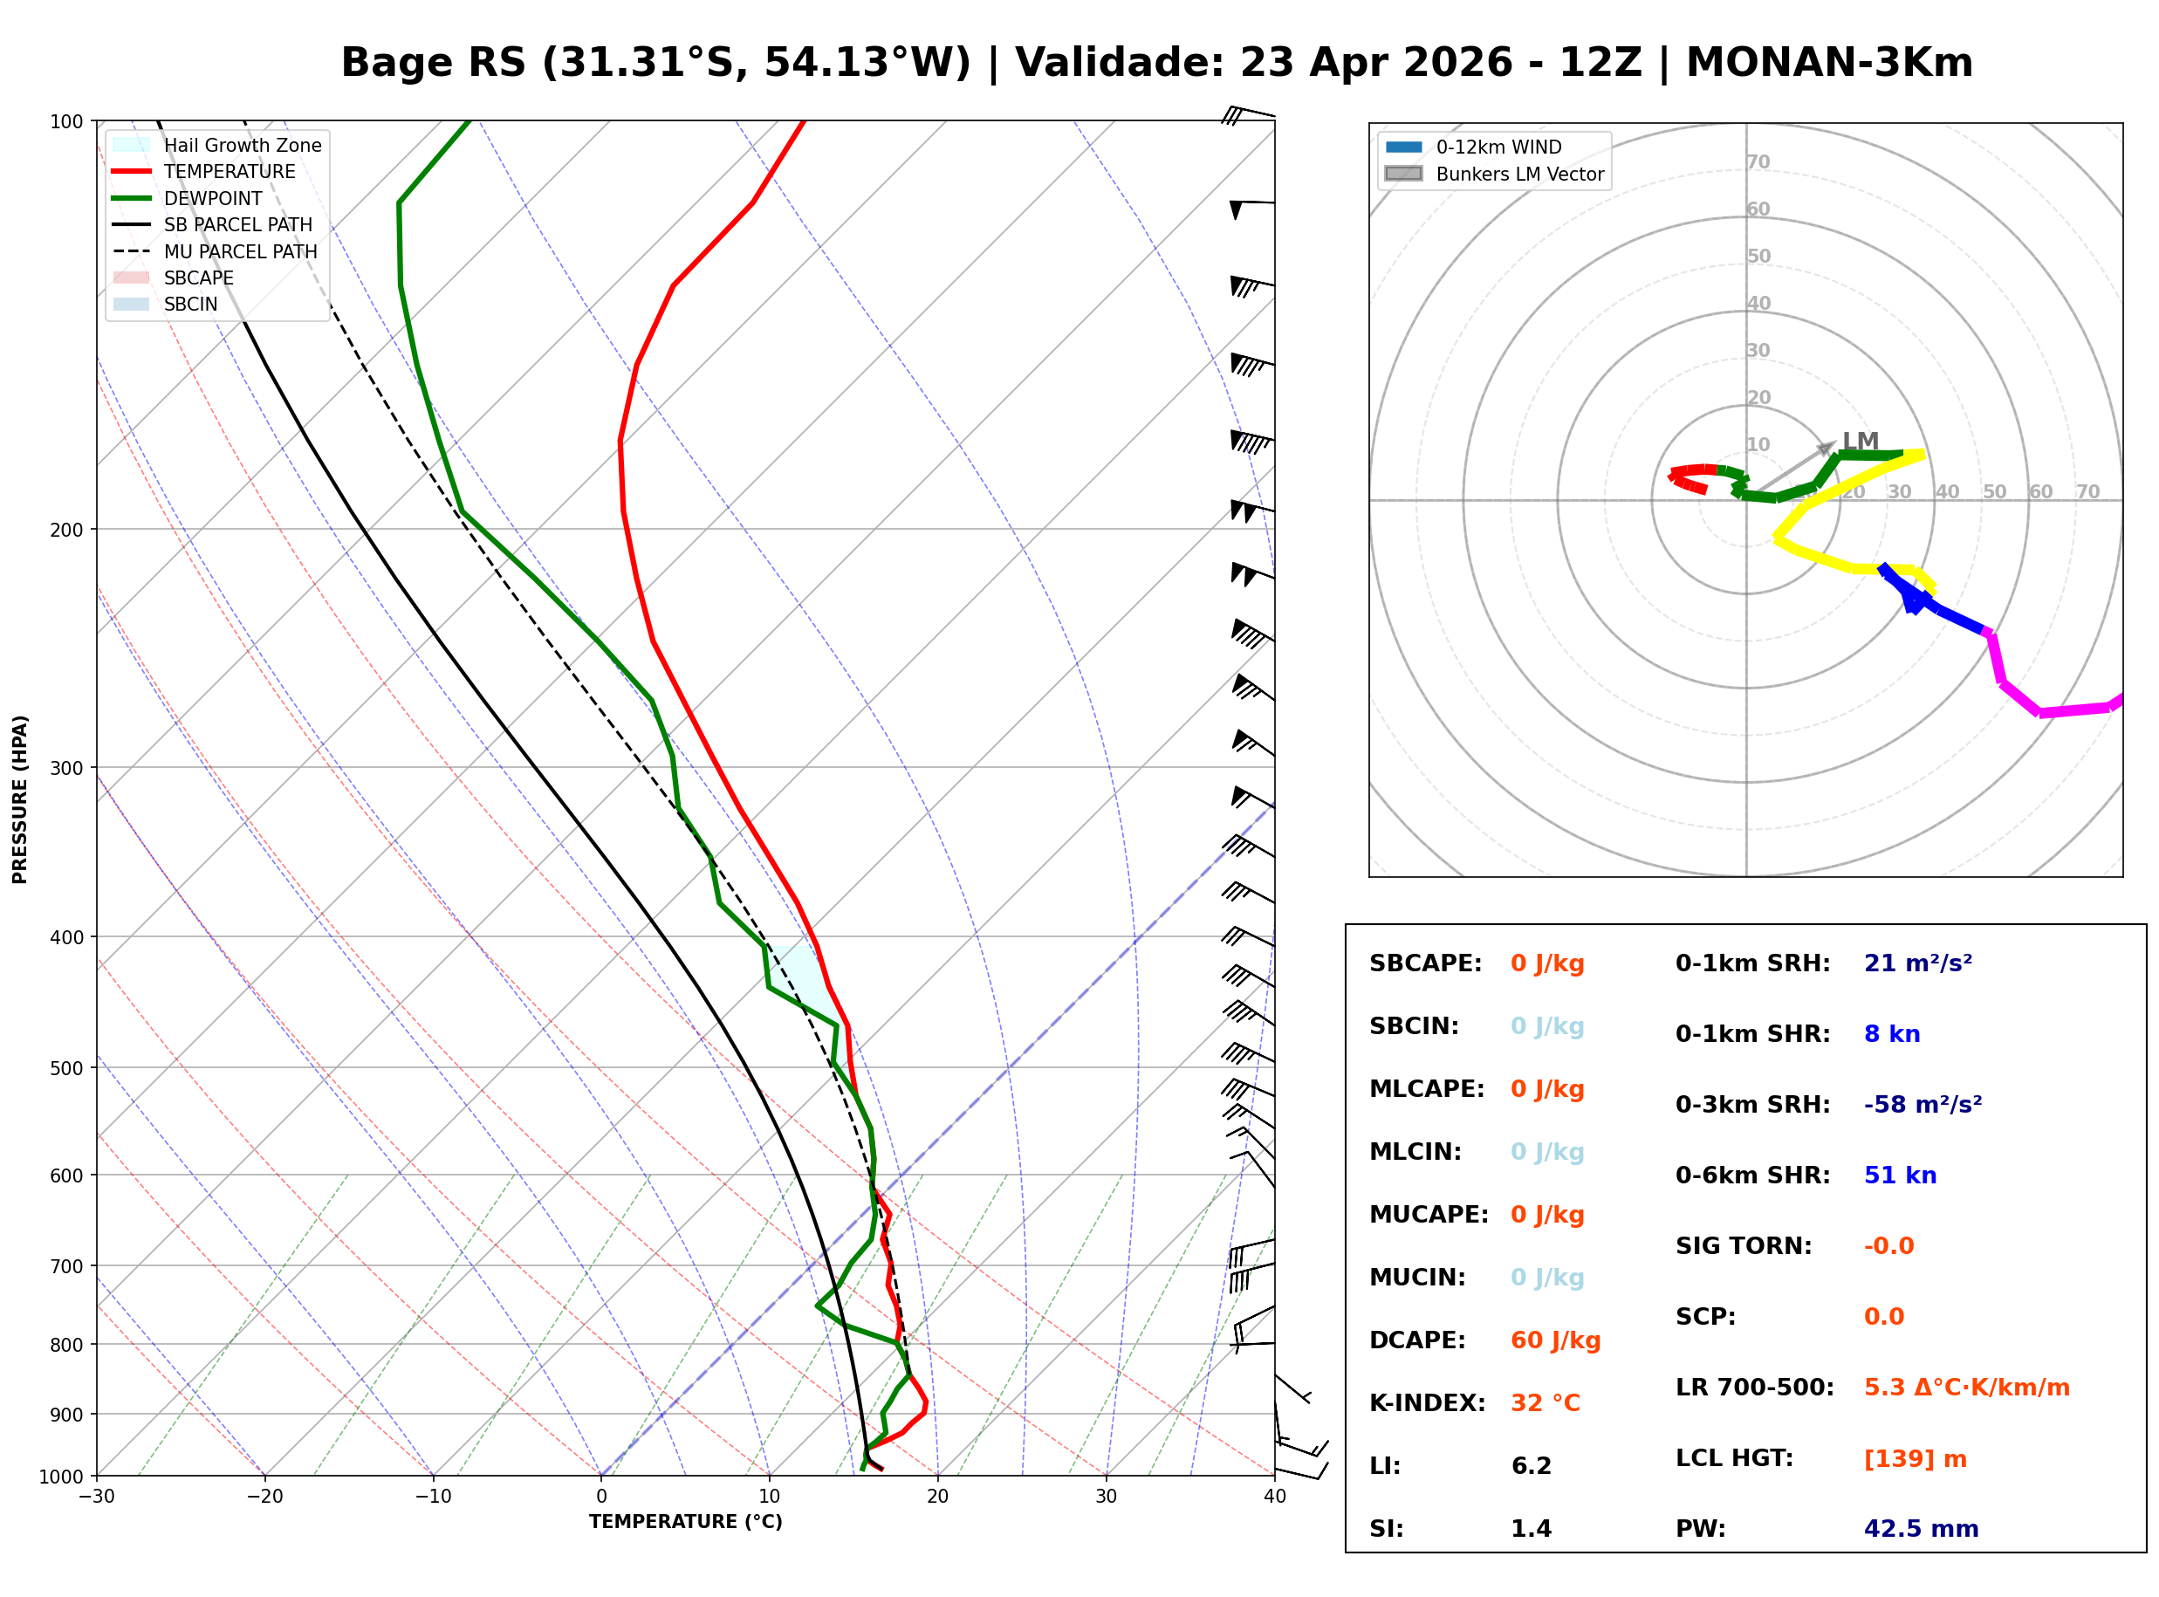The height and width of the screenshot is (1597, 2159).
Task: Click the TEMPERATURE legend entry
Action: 229,171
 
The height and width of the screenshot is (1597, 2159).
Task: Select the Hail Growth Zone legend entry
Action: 242,145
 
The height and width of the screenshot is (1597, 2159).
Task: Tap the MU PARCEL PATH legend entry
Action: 240,251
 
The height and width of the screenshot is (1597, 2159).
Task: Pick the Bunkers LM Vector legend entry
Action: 1518,174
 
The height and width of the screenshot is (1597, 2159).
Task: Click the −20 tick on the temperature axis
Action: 264,1497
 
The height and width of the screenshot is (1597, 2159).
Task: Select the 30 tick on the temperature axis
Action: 1106,1497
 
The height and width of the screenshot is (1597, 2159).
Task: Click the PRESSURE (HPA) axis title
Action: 20,799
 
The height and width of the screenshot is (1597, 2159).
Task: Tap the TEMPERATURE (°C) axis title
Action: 685,1522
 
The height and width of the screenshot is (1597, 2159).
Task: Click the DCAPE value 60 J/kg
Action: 1555,1340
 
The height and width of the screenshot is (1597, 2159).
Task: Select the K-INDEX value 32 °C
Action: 1545,1403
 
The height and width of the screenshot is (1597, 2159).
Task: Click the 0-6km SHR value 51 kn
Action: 1899,1175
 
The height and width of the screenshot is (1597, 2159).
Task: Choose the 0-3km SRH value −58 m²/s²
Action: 1923,1105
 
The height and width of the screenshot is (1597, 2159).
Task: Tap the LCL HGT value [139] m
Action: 1915,1459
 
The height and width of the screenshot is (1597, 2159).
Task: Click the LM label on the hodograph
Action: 1860,442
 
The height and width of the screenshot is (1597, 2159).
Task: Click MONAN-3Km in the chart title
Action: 1828,63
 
